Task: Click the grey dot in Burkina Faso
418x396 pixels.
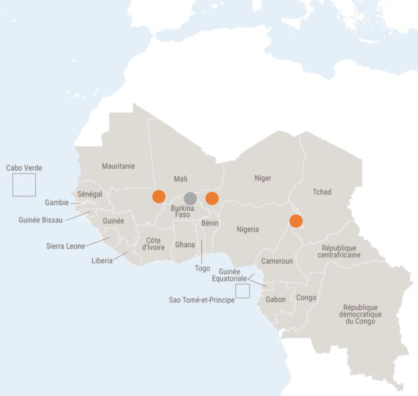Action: coord(190,198)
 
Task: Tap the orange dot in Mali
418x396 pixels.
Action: coord(159,196)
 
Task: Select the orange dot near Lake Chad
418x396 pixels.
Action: coord(296,221)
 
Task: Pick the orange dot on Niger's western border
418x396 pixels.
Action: coord(212,198)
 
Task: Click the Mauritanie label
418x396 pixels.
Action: coord(118,166)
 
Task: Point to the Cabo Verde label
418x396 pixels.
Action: coord(24,167)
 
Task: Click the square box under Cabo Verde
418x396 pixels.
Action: coord(24,185)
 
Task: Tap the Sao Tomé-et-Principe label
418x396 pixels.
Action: coord(201,300)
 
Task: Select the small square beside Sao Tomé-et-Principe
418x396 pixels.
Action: coord(242,291)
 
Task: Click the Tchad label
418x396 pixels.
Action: coord(322,192)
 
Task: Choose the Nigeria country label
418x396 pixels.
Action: coord(248,229)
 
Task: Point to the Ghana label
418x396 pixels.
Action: coord(185,245)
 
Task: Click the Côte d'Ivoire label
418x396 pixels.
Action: coord(153,244)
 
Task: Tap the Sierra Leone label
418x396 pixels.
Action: coord(65,246)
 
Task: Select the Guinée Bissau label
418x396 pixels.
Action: coord(41,220)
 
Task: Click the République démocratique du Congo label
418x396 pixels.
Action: coord(360,314)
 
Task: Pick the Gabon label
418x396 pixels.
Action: coord(275,299)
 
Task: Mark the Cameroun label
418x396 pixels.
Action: coord(277,261)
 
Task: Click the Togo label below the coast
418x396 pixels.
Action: coord(202,268)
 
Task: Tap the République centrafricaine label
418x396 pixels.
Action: coord(339,251)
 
